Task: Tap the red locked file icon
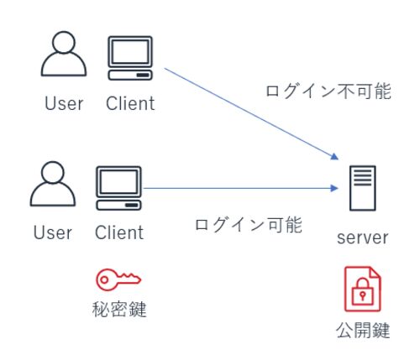tap(363, 290)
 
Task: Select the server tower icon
tap(363, 188)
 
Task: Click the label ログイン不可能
tap(328, 91)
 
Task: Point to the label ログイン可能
tap(249, 225)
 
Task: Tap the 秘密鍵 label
tap(119, 310)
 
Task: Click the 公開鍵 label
tap(363, 331)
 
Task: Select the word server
tap(363, 238)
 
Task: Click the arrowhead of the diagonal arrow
tap(335, 156)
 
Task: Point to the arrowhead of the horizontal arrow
tap(334, 188)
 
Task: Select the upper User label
tap(64, 103)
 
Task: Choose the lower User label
tap(53, 232)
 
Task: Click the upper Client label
tap(130, 103)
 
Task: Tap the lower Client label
tap(119, 232)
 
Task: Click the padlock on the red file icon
tap(363, 292)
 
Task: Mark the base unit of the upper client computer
tap(130, 75)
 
